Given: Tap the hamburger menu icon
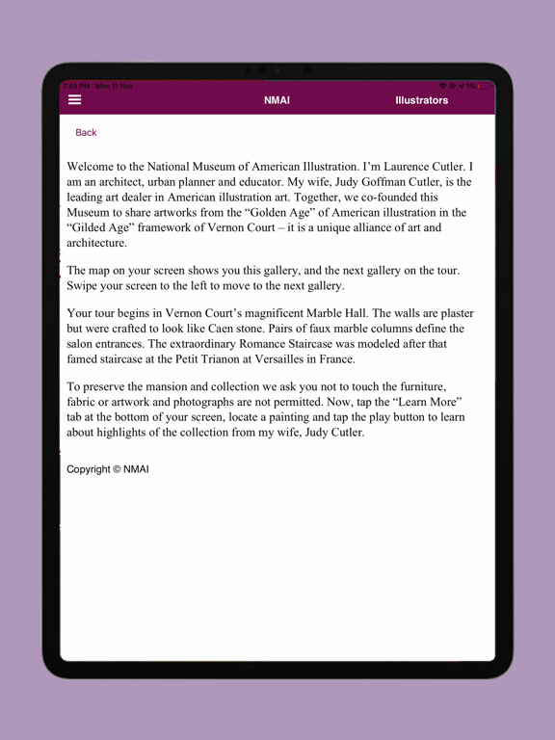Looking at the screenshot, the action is point(74,99).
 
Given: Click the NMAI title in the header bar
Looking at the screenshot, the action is point(277,100).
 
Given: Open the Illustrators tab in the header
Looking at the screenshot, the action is point(421,100).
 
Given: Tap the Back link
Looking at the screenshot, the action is point(86,133).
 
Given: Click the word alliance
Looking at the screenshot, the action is point(356,227).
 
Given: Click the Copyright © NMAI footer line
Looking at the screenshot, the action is point(108,469).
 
